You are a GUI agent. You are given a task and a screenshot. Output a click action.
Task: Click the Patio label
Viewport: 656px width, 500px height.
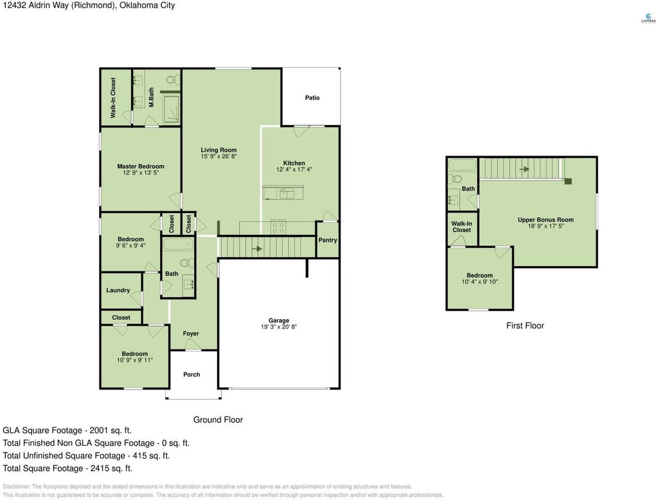[312, 98]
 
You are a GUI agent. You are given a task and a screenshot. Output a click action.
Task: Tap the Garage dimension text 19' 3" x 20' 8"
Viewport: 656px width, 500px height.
[279, 327]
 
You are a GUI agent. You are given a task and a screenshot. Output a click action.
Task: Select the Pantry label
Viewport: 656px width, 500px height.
[327, 240]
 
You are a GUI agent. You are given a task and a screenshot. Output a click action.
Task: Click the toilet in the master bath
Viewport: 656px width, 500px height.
[173, 80]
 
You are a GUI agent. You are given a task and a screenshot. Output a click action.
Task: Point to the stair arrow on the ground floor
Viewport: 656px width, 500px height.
[257, 248]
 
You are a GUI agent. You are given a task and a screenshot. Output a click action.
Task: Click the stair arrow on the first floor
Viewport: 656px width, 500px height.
[524, 169]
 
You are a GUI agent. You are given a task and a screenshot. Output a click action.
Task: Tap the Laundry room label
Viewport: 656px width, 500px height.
[118, 290]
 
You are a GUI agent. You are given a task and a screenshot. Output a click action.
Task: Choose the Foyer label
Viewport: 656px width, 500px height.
[191, 333]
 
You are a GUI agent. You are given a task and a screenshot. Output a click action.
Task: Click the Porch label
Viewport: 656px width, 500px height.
[191, 374]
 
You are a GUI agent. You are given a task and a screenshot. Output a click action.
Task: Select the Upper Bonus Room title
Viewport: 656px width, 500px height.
[546, 220]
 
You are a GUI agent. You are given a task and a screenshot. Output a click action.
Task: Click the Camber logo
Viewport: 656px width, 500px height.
[648, 18]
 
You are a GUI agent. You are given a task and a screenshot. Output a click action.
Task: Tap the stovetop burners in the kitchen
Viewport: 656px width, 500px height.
[278, 227]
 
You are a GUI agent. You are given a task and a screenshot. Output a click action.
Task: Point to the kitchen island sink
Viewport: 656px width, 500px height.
[287, 193]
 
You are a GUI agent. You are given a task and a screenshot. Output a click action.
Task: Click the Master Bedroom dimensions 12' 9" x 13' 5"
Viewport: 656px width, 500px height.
[141, 173]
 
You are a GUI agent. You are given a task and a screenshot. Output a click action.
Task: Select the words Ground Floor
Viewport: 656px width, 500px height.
[218, 420]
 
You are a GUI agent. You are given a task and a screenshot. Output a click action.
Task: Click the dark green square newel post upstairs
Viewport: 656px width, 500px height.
[568, 181]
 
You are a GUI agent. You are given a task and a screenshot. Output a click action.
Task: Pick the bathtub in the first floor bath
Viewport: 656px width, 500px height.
[462, 165]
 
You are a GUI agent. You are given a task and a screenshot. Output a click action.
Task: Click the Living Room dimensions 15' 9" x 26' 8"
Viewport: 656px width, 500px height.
[219, 156]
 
